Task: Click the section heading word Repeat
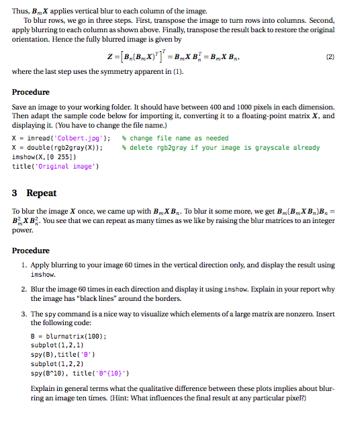(42, 193)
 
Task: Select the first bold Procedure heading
(30, 92)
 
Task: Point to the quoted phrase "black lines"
(99, 298)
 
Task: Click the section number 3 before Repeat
(15, 193)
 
